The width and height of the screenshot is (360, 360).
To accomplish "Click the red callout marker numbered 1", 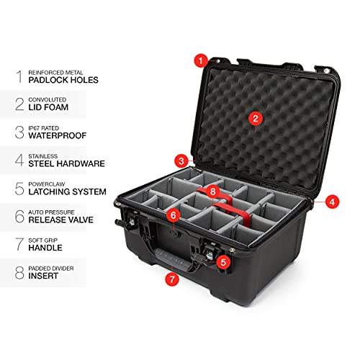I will click(201, 61).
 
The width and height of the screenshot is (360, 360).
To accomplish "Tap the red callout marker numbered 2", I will click(254, 118).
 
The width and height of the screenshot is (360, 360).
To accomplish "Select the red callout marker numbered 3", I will click(183, 161).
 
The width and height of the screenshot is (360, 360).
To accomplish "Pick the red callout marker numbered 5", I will click(224, 263).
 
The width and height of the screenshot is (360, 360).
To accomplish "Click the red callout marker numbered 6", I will click(173, 215).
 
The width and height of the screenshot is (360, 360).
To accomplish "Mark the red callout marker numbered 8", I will click(212, 192).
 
